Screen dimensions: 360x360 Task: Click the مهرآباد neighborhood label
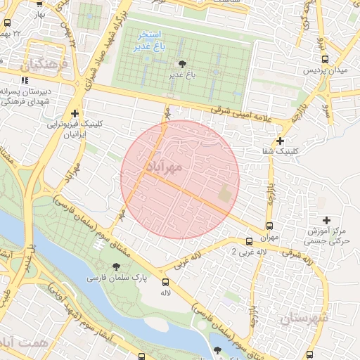point(165,167)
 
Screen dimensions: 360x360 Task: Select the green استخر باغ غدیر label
point(150,39)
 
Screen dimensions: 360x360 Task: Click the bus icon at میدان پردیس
point(324,60)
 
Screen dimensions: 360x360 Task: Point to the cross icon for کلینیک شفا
point(281,141)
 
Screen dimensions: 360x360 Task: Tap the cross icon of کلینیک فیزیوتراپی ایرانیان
point(75,113)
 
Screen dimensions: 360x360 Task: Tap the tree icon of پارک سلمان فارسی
point(116,266)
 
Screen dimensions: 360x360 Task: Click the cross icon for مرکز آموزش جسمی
point(325,221)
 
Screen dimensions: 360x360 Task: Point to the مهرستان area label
point(304,319)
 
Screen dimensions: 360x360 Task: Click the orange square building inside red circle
point(225,193)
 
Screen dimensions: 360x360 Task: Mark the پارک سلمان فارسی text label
point(117,278)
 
